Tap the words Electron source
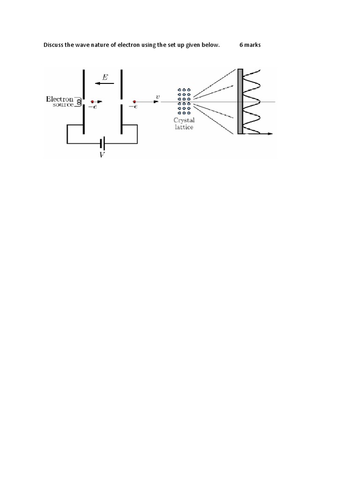[60, 102]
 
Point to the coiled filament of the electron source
[79, 101]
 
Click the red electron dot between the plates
[92, 101]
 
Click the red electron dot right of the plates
[135, 101]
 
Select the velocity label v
[157, 97]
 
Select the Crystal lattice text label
[183, 124]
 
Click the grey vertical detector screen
[240, 101]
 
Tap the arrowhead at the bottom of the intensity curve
[270, 134]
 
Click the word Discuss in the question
[53, 45]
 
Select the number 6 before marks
[241, 45]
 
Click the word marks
[252, 45]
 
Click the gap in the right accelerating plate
[121, 101]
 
